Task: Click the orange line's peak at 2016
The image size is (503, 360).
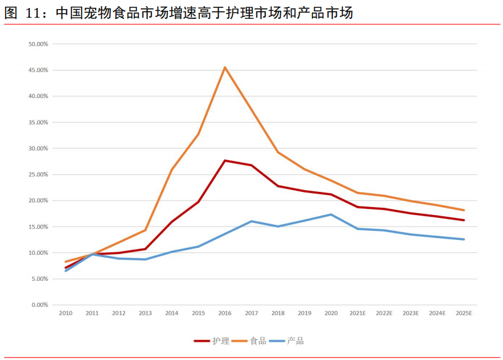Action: pyautogui.click(x=225, y=67)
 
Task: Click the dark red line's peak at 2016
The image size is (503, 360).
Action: pyautogui.click(x=225, y=160)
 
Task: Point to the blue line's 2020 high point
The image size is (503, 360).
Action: pyautogui.click(x=331, y=214)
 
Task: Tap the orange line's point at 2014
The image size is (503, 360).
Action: pyautogui.click(x=172, y=170)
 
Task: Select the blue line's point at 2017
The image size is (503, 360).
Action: pyautogui.click(x=251, y=221)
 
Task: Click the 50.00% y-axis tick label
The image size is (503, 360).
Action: pyautogui.click(x=38, y=44)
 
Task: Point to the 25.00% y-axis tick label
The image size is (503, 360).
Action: pyautogui.click(x=38, y=174)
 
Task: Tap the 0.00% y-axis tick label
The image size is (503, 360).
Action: pyautogui.click(x=40, y=305)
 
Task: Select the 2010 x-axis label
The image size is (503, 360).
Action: pyautogui.click(x=65, y=313)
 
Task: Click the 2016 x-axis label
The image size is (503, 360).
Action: pyautogui.click(x=225, y=313)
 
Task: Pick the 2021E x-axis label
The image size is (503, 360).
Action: pyautogui.click(x=357, y=313)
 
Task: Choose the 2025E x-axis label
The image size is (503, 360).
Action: pyautogui.click(x=464, y=313)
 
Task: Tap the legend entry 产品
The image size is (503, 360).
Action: pyautogui.click(x=295, y=341)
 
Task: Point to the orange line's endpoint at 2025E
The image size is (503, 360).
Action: pyautogui.click(x=464, y=210)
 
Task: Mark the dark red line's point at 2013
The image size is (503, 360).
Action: pyautogui.click(x=145, y=249)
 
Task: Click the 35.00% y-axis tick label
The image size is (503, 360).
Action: pyautogui.click(x=38, y=122)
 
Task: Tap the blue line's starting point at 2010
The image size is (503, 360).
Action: pyautogui.click(x=65, y=270)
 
